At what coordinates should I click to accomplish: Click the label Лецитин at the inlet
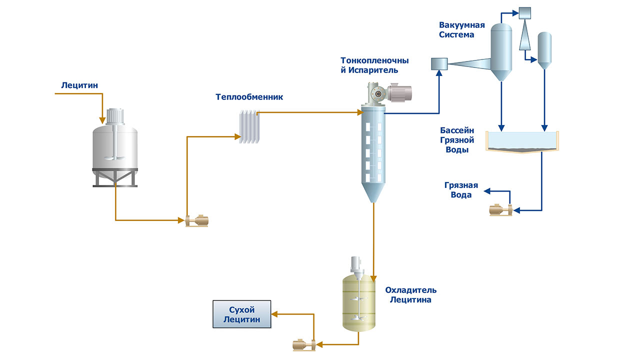79,85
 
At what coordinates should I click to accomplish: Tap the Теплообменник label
249,97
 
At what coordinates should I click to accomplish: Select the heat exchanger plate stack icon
249,128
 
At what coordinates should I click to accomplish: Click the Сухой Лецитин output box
242,314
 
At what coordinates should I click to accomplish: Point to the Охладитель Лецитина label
410,295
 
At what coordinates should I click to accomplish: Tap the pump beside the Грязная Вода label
500,210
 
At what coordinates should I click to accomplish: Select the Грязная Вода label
461,190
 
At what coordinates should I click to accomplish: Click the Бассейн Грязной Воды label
457,140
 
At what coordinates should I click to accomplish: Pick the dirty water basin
522,142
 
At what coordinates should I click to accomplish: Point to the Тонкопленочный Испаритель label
374,65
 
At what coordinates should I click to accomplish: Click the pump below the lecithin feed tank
196,220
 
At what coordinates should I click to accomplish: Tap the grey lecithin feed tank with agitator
115,145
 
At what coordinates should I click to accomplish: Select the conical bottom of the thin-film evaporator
373,192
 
